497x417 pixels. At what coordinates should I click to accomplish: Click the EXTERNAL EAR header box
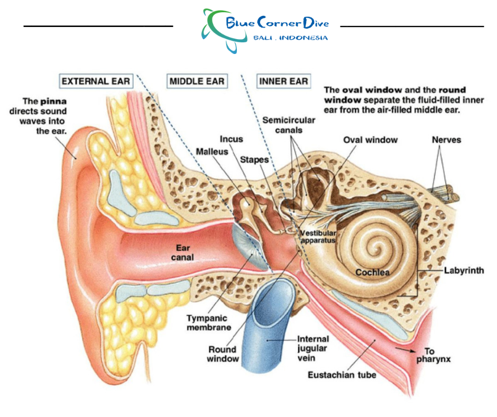point(95,81)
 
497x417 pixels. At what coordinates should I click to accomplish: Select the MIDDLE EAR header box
point(197,81)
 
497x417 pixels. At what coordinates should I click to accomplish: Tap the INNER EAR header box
point(283,81)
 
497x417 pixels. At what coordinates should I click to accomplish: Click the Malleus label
point(211,151)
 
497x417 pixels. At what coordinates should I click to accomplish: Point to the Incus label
point(231,139)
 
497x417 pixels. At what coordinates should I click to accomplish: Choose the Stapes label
point(254,159)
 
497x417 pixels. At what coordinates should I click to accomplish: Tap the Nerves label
point(446,140)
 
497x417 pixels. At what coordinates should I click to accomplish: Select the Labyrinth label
point(464,270)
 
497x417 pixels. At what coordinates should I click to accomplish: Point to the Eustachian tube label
point(342,375)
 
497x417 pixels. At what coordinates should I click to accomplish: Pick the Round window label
point(223,354)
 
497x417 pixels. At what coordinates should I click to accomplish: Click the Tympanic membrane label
point(208,323)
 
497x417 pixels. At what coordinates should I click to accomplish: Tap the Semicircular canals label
point(289,125)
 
